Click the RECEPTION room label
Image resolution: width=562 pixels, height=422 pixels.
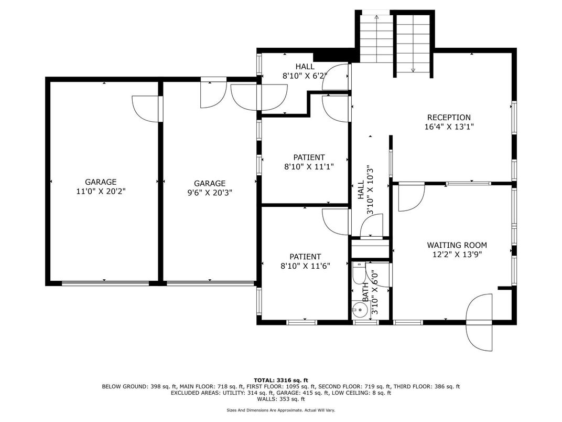click(449, 118)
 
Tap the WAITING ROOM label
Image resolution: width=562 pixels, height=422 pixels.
click(457, 245)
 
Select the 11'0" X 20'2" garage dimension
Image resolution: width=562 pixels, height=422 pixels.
click(101, 192)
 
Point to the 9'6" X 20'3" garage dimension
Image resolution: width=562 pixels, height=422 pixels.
click(209, 193)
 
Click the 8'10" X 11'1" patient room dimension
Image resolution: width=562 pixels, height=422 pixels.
click(309, 166)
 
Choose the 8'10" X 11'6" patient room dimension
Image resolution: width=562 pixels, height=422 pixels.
click(305, 266)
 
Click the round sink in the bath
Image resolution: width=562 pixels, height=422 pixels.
click(359, 309)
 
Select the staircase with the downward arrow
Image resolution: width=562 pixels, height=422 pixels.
click(413, 45)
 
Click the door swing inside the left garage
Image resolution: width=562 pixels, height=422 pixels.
click(145, 109)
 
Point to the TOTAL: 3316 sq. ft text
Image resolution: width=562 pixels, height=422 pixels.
click(281, 380)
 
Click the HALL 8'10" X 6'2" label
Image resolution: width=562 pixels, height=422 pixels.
click(305, 71)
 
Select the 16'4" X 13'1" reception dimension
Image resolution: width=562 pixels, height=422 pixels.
click(449, 126)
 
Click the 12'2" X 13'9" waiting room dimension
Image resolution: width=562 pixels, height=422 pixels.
click(457, 254)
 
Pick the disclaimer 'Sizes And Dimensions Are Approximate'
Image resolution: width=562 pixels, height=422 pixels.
click(280, 410)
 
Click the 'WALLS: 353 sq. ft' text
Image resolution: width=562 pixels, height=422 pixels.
click(281, 399)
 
